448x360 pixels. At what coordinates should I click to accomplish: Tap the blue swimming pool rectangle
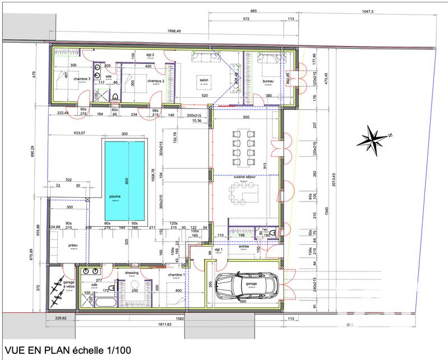pyautogui.click(x=123, y=180)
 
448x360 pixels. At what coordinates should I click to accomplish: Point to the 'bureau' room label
pyautogui.click(x=267, y=81)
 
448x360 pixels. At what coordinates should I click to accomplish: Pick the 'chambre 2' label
pyautogui.click(x=155, y=81)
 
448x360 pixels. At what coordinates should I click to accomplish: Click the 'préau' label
pyautogui.click(x=72, y=245)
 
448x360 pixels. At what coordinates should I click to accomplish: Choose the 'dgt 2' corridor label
pyautogui.click(x=150, y=54)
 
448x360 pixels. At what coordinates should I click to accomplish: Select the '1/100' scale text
pyautogui.click(x=118, y=351)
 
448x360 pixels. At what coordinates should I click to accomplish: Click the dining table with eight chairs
pyautogui.click(x=244, y=148)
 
